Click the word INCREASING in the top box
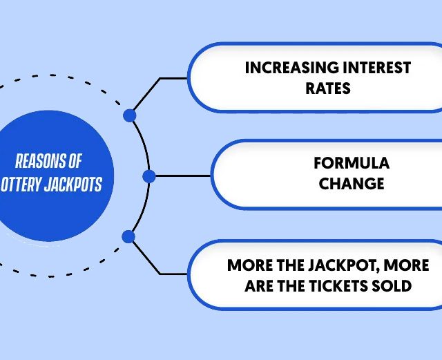[x=292, y=68]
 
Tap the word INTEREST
[x=377, y=68]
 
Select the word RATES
[x=328, y=88]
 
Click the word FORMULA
[x=352, y=163]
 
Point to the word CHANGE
[x=352, y=184]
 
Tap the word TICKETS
[x=338, y=286]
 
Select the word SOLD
[x=392, y=286]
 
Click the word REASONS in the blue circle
[x=37, y=161]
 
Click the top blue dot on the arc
[x=130, y=115]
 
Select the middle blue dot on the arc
[x=149, y=176]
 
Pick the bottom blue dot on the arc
[x=128, y=236]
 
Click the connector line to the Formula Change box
[x=183, y=176]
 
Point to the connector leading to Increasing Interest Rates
[x=160, y=79]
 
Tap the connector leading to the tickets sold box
[x=160, y=274]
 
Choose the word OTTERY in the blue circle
[x=21, y=184]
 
